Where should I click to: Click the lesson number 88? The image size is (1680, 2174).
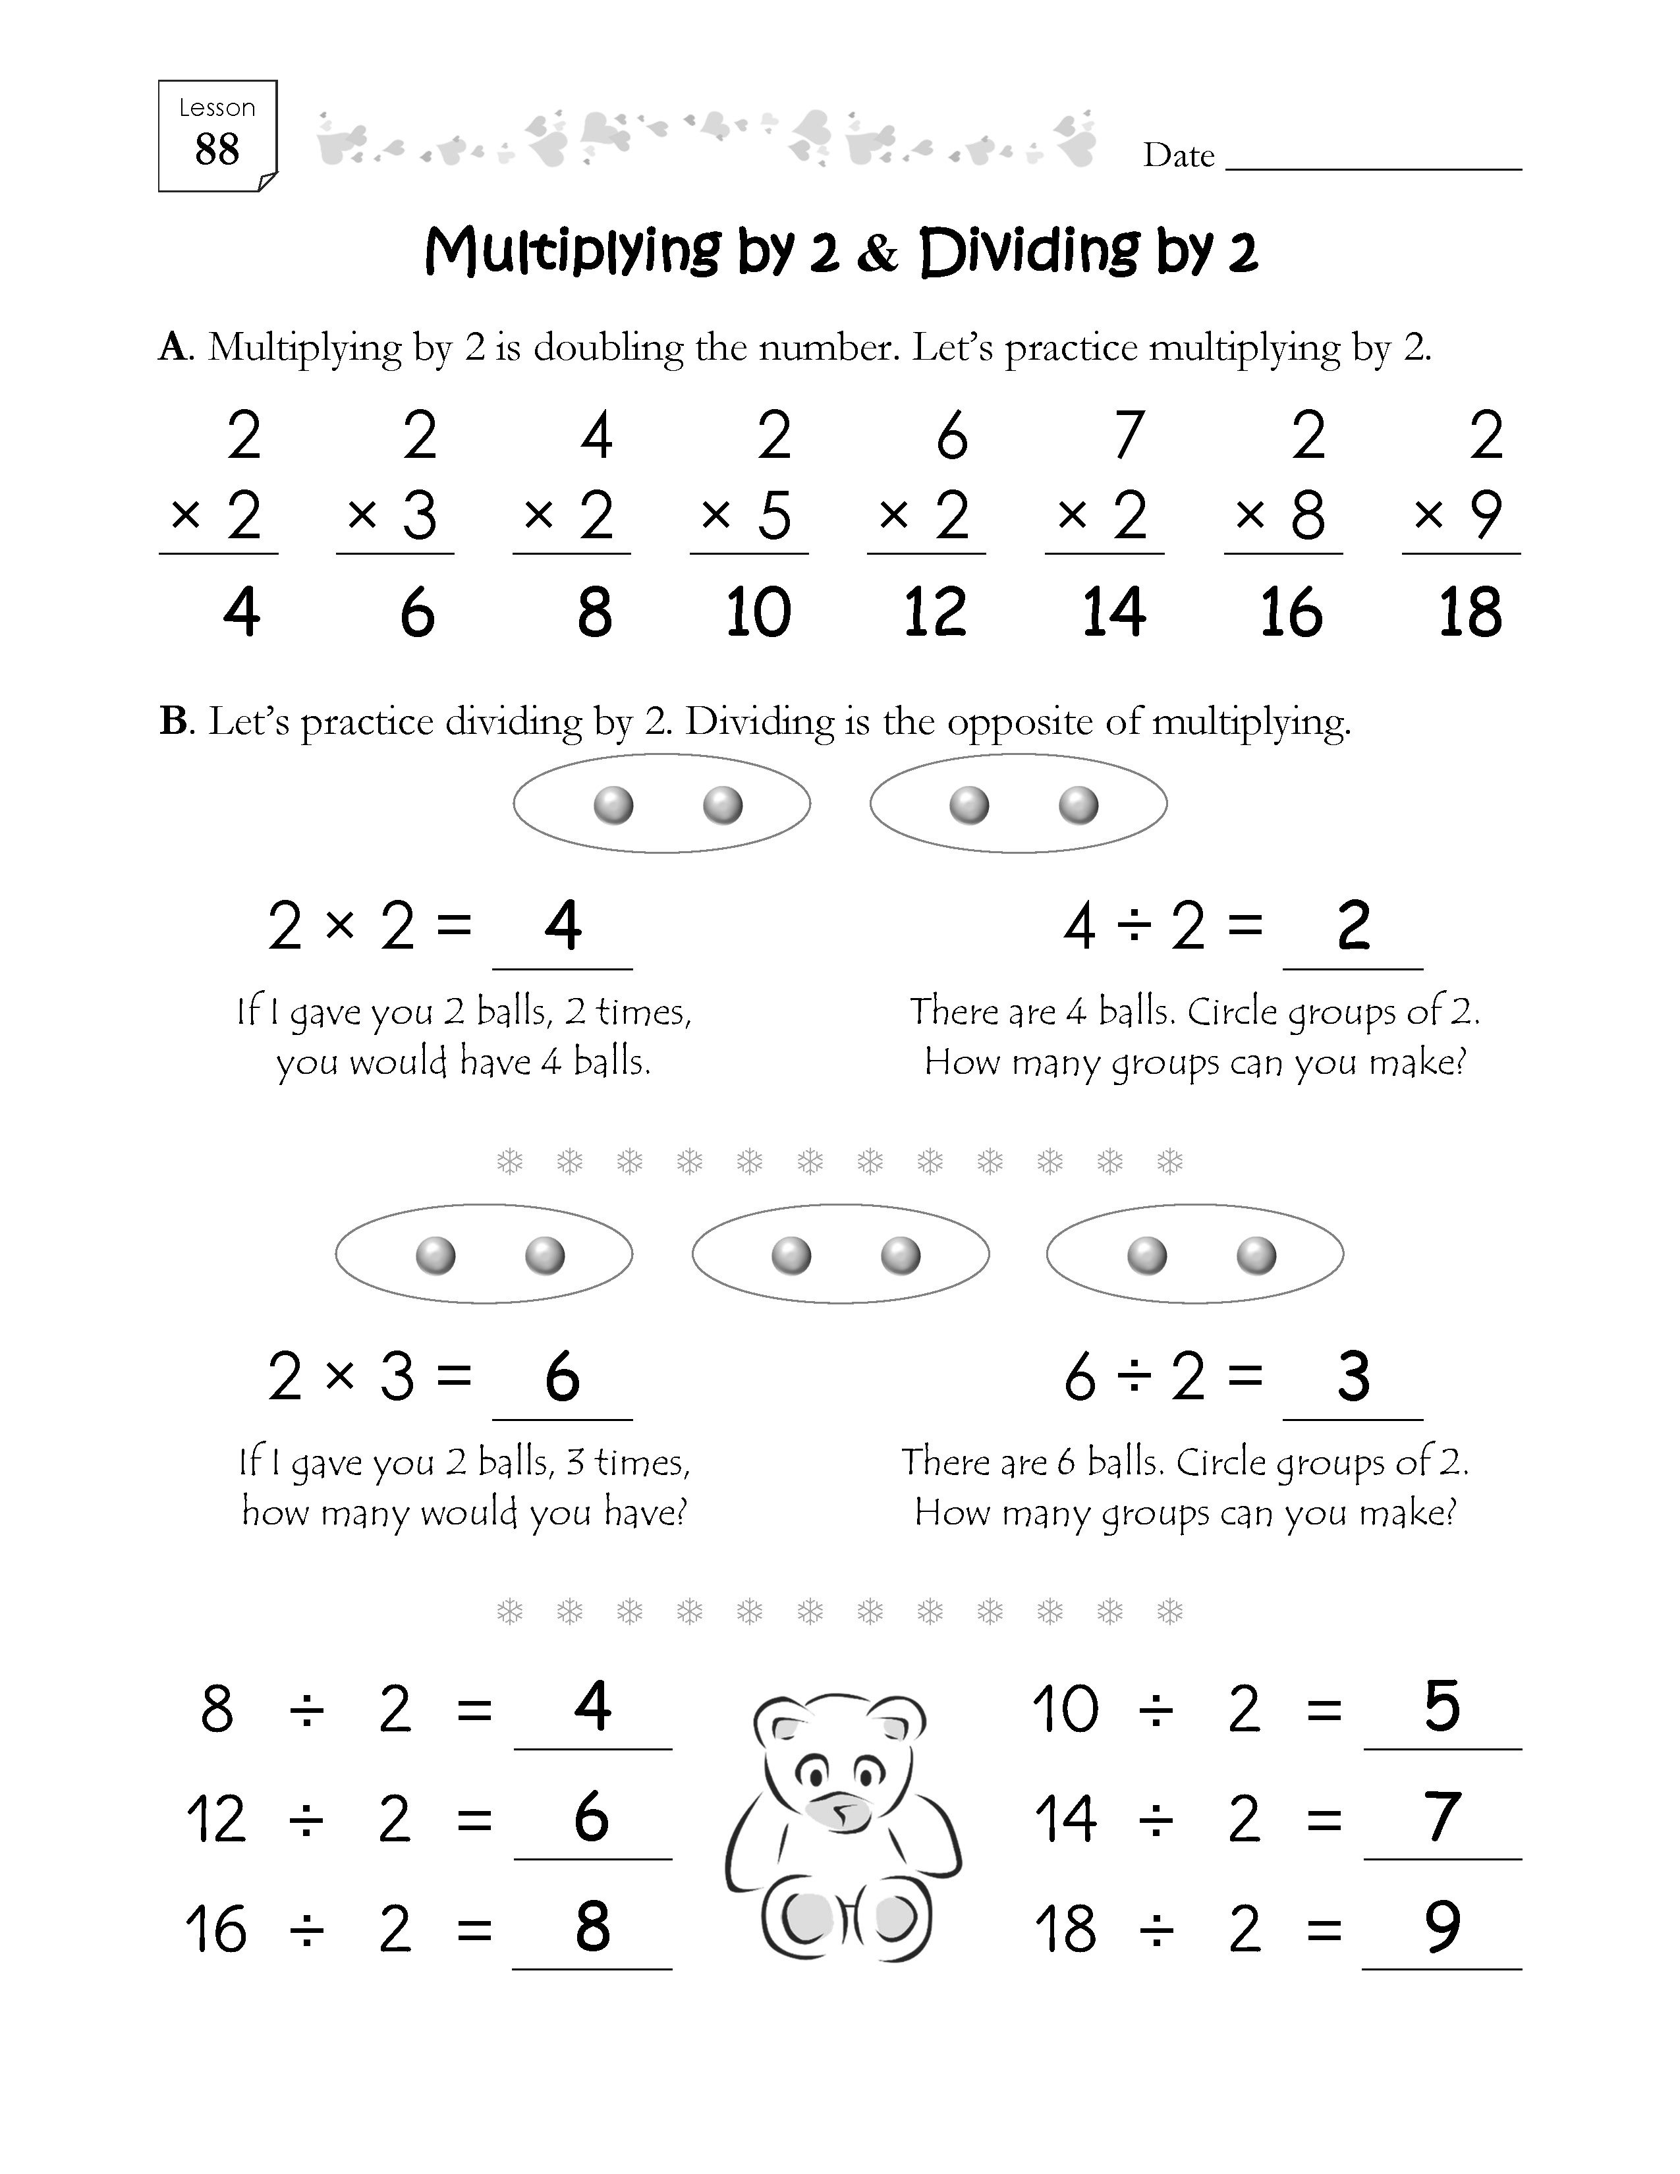tap(217, 150)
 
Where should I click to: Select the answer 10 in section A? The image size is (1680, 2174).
tap(758, 611)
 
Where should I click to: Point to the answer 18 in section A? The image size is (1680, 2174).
tap(1470, 611)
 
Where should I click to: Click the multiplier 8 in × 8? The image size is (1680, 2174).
tap(1307, 516)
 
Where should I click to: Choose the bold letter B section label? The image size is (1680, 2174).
tap(173, 721)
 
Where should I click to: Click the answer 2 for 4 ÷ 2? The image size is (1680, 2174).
tap(1354, 926)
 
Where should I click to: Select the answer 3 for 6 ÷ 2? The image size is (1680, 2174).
tap(1354, 1377)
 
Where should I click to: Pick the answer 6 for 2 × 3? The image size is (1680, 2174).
tap(563, 1377)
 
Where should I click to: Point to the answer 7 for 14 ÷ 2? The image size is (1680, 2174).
tap(1442, 1818)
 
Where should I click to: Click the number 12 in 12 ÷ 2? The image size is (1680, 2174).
tap(216, 1820)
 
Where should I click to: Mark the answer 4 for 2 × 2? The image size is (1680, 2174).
tap(563, 926)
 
